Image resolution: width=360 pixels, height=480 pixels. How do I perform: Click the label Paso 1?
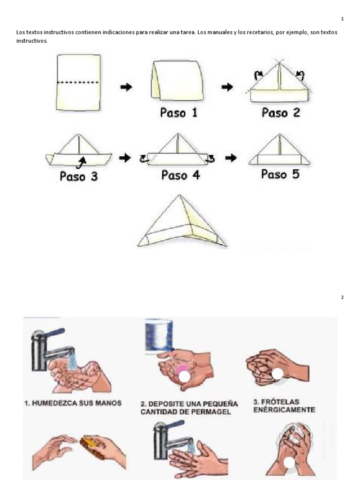click(179, 113)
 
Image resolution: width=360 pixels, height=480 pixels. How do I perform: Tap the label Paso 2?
click(281, 113)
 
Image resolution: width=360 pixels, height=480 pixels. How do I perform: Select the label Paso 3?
click(79, 177)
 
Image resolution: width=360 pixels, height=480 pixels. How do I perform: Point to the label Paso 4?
click(180, 175)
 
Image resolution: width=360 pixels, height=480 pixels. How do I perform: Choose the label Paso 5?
click(280, 175)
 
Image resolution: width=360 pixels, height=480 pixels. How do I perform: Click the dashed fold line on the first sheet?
click(78, 82)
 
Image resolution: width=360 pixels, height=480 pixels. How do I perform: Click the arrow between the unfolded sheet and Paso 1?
click(126, 87)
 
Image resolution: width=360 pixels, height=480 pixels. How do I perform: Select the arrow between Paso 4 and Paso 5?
click(230, 158)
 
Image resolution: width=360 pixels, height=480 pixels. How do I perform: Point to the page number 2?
click(342, 297)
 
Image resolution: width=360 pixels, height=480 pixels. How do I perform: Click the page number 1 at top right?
click(342, 19)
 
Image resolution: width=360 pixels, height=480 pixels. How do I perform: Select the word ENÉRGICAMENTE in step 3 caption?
click(281, 410)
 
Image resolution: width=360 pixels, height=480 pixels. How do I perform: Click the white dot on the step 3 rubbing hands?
click(277, 374)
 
